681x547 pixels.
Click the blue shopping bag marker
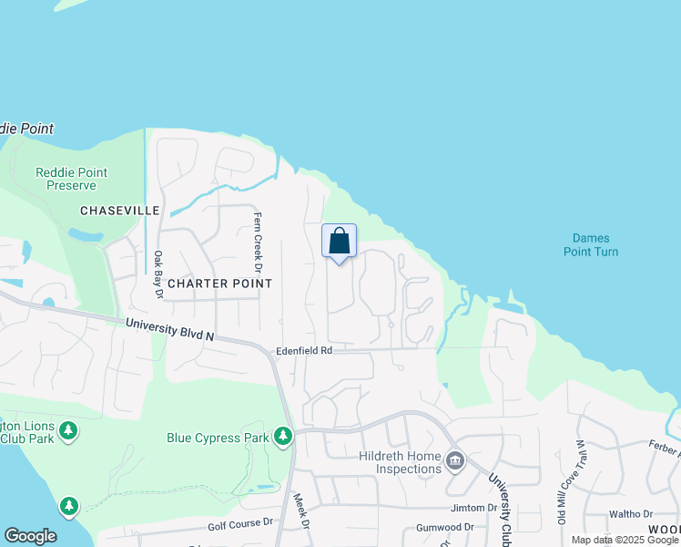(x=340, y=243)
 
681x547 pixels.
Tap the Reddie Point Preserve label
(x=71, y=178)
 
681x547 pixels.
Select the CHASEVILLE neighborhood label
(x=119, y=211)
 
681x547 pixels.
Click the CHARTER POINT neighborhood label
(x=219, y=284)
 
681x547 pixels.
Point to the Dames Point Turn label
(x=589, y=244)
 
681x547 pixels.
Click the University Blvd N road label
(x=169, y=329)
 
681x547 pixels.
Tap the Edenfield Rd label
(x=304, y=350)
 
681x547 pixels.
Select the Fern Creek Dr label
(x=258, y=243)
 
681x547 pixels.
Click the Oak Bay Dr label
(x=158, y=274)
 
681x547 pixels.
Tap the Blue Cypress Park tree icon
(x=284, y=438)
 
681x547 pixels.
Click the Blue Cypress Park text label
(x=218, y=438)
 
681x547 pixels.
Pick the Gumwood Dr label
(x=444, y=527)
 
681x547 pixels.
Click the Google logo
(x=30, y=536)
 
